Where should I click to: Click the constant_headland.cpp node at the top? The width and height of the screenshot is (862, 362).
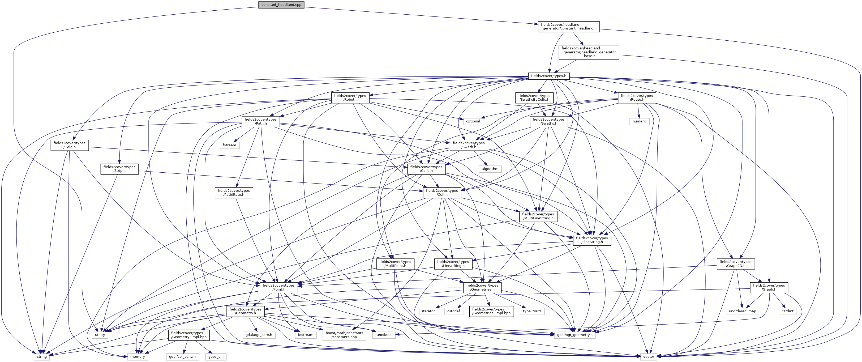pyautogui.click(x=281, y=5)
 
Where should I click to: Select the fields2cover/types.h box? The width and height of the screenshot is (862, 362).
pyautogui.click(x=548, y=76)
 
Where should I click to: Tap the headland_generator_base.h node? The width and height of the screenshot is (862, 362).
pyautogui.click(x=589, y=52)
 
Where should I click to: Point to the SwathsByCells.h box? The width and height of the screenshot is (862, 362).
pyautogui.click(x=534, y=98)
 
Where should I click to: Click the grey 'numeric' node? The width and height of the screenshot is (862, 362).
pyautogui.click(x=640, y=121)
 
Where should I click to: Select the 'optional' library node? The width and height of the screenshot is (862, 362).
pyautogui.click(x=473, y=121)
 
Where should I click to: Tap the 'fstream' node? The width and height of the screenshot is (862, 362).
pyautogui.click(x=229, y=145)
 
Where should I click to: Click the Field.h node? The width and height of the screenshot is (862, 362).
pyautogui.click(x=70, y=145)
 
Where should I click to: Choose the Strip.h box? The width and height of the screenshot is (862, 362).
pyautogui.click(x=119, y=169)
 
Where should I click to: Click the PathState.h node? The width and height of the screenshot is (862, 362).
pyautogui.click(x=234, y=193)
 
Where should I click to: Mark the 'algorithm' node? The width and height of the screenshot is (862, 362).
pyautogui.click(x=490, y=169)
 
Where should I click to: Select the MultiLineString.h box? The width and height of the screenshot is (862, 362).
pyautogui.click(x=538, y=216)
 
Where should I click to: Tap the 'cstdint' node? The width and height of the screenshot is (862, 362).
pyautogui.click(x=787, y=311)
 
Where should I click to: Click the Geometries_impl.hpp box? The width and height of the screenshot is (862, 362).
pyautogui.click(x=491, y=311)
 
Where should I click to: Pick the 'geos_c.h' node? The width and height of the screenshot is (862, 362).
pyautogui.click(x=216, y=357)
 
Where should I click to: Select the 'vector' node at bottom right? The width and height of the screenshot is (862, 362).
pyautogui.click(x=649, y=357)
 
